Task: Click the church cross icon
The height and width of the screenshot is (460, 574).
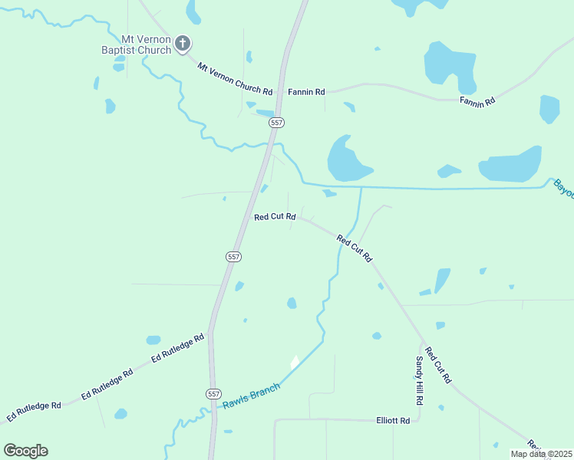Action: point(183,43)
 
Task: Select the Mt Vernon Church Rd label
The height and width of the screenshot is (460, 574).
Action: point(235,79)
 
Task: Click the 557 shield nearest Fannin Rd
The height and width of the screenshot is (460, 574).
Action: point(277,123)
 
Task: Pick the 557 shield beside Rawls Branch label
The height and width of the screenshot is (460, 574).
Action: point(214,393)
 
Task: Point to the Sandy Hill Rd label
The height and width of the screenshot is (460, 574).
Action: point(419,381)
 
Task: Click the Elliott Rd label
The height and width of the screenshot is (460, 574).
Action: point(393,420)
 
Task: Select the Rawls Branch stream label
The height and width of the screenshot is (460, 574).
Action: point(251,396)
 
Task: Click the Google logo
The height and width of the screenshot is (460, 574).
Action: point(25,451)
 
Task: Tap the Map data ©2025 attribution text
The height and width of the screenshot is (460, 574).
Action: point(542,454)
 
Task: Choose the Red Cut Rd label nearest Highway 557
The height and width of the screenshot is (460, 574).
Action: point(275,217)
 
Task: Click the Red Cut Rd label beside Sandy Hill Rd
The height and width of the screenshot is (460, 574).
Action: point(438,365)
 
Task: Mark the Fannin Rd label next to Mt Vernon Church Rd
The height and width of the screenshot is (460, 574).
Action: point(306,92)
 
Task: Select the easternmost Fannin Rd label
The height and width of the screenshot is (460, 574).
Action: point(477,100)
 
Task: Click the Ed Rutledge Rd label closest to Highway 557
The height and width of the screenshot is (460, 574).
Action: point(178,347)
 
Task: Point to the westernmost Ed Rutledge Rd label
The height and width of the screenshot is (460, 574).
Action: point(33,411)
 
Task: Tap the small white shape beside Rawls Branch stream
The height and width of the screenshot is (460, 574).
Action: point(294,360)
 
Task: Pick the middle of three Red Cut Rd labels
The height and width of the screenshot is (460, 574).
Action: point(355,249)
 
